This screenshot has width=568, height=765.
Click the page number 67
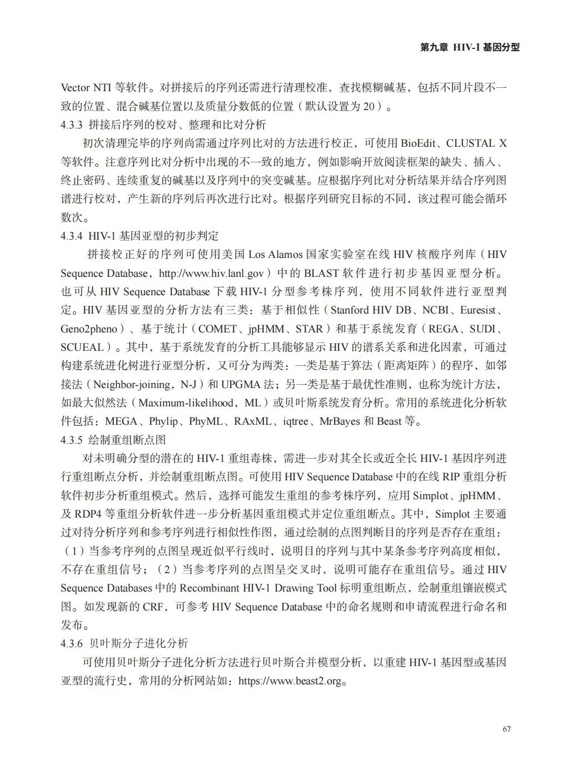[506, 729]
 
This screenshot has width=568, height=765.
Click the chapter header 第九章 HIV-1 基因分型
[470, 48]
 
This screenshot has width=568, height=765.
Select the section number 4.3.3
[72, 125]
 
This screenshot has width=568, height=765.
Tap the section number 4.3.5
[72, 440]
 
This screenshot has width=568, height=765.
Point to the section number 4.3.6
[72, 644]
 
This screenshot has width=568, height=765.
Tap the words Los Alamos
[275, 255]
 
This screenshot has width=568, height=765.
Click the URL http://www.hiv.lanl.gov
[211, 273]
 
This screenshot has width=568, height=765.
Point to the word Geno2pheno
[89, 329]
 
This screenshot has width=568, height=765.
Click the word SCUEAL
[82, 347]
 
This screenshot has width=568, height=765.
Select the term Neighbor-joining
[132, 385]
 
